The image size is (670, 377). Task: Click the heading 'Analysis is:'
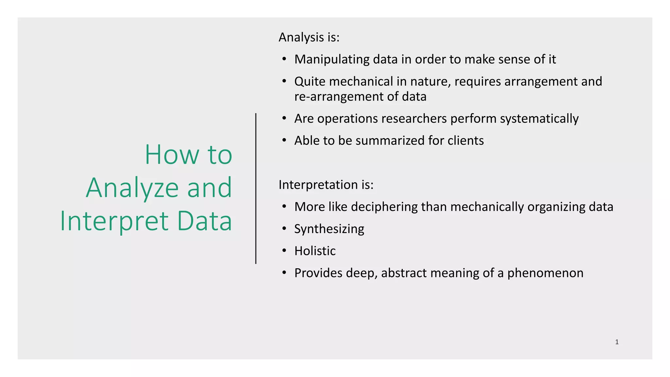coord(309,37)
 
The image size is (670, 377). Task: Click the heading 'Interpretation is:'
coord(326,185)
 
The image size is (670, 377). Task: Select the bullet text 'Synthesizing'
coord(329,229)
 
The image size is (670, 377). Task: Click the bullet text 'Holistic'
coord(315,251)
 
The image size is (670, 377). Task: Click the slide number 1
coord(617,342)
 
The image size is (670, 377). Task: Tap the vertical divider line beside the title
coord(256,188)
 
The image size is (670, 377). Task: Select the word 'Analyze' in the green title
coord(132,188)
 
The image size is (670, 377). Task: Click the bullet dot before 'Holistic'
coord(284,251)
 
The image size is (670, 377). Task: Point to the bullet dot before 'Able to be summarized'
coord(284,141)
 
